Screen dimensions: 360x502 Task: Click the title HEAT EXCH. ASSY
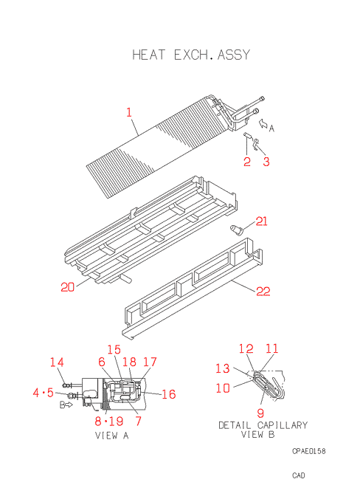[x=191, y=55]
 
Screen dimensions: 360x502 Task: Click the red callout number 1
[x=129, y=112]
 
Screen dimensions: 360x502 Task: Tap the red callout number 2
[x=246, y=162]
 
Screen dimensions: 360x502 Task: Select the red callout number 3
[x=266, y=162]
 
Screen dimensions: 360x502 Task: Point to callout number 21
[x=261, y=221]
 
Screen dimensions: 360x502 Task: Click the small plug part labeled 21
[x=237, y=230]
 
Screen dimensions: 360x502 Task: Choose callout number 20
[x=68, y=287]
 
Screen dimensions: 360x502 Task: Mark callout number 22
[x=263, y=291]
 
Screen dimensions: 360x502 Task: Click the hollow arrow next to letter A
[x=263, y=123]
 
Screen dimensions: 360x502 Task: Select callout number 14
[x=57, y=362]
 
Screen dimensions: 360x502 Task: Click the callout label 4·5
[x=44, y=393]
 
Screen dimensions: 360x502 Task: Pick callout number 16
[x=169, y=394]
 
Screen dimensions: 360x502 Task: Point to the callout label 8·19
[x=109, y=421]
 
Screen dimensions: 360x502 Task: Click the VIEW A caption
[x=111, y=436]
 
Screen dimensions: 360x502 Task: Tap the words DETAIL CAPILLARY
[x=263, y=425]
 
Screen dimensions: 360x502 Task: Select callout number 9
[x=260, y=413]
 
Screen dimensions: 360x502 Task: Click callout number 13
[x=223, y=368]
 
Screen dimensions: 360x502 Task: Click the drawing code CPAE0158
[x=309, y=451]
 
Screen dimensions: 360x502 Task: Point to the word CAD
[x=299, y=475]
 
